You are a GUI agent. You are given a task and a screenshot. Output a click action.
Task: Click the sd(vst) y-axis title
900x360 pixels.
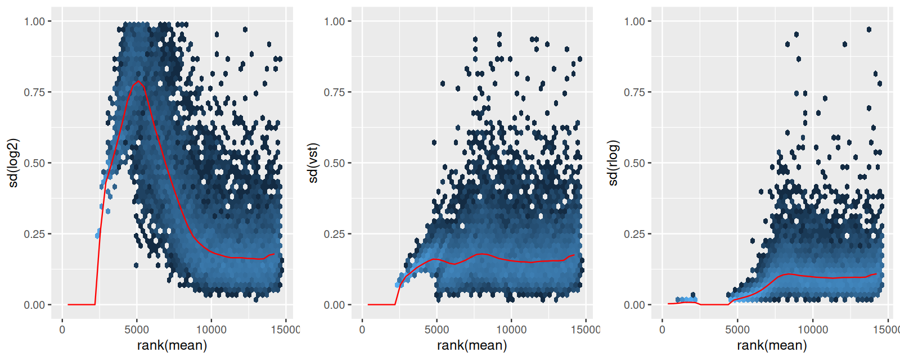tap(313, 163)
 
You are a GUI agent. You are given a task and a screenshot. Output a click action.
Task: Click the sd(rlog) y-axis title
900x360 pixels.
tap(613, 163)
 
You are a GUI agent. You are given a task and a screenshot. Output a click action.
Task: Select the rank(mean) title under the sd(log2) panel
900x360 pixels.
tap(172, 345)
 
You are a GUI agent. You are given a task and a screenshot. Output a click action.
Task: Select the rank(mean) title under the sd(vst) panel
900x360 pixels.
tap(472, 345)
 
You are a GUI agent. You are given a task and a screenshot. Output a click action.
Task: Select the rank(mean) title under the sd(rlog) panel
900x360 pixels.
tap(772, 345)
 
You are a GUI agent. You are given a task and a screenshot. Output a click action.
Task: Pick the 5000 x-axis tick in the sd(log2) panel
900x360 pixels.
tap(137, 330)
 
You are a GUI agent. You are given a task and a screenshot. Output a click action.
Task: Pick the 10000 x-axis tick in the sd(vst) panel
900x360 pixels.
tap(511, 330)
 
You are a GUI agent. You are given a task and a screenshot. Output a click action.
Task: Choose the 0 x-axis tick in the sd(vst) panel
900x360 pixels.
tap(362, 330)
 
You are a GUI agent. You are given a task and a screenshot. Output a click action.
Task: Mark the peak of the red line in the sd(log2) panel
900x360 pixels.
tap(138, 82)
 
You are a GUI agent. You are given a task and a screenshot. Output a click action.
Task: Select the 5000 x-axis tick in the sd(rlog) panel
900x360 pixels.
tap(737, 330)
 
